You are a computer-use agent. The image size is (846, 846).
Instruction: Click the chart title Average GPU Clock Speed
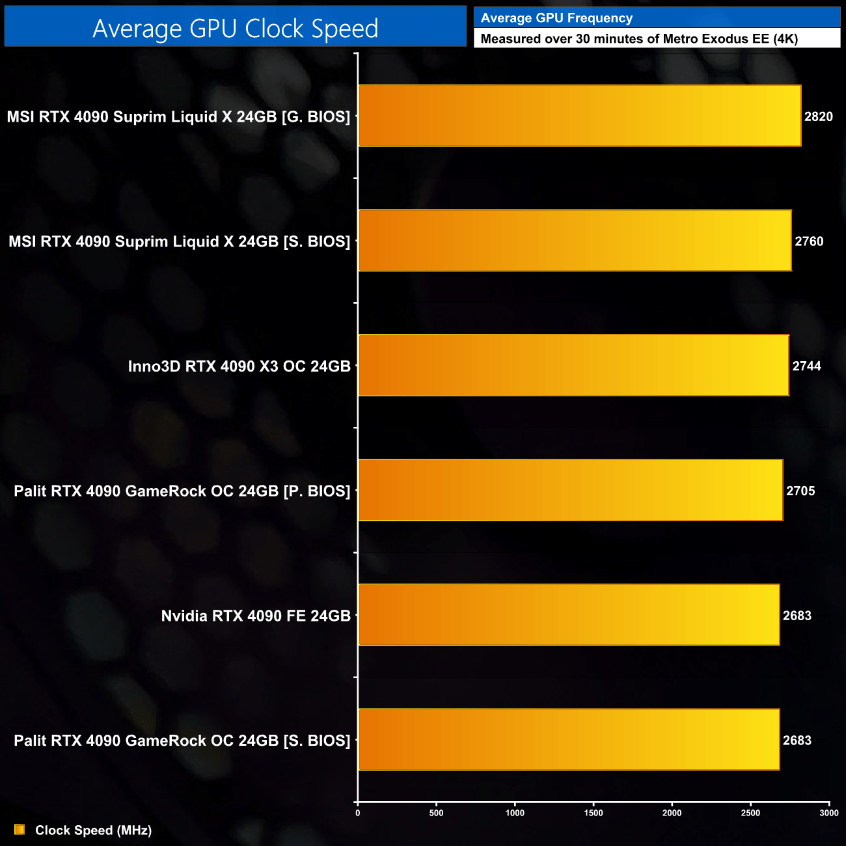pos(235,29)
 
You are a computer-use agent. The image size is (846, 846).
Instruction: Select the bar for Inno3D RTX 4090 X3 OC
pos(573,365)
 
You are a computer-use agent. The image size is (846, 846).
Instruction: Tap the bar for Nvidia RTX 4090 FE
pos(569,615)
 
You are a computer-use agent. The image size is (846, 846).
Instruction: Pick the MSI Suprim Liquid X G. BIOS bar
pos(579,116)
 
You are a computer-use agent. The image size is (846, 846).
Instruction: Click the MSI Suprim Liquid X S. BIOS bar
pos(575,240)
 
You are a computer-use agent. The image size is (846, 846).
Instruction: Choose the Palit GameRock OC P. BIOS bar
pos(570,490)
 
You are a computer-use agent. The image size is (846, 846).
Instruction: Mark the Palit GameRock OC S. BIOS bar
pos(569,739)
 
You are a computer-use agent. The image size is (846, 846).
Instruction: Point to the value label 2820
pos(818,116)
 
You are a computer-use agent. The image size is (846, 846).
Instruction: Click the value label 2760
pos(809,241)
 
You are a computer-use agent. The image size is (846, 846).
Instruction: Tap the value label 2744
pos(806,366)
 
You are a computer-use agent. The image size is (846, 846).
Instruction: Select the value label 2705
pos(800,491)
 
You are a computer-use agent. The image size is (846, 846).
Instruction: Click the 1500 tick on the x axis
pos(594,813)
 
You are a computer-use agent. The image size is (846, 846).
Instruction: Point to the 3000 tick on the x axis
pos(829,813)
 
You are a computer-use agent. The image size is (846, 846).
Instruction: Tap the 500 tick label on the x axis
pos(436,813)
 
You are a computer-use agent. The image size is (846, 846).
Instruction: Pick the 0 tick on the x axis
pos(357,813)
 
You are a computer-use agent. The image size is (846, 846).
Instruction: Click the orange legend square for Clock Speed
pos(20,830)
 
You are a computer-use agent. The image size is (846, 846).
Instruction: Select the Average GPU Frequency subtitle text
pos(556,18)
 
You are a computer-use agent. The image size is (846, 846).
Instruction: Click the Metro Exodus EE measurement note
pos(639,38)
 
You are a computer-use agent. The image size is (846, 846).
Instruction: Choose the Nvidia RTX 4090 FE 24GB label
pos(256,616)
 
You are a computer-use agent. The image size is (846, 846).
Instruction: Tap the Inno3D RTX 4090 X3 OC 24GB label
pos(239,366)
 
